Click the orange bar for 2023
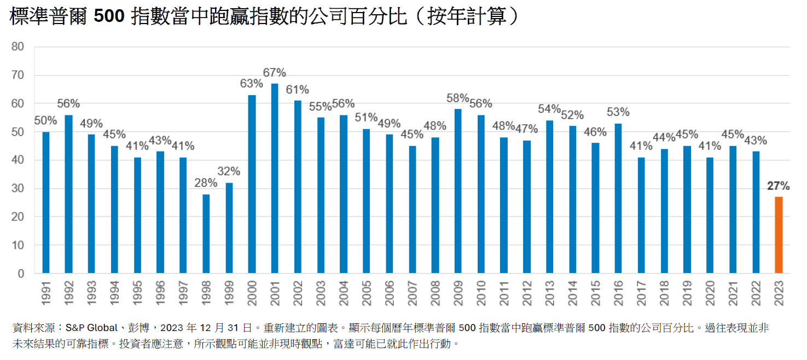778,235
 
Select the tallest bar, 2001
275,178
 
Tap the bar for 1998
206,234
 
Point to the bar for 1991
46,202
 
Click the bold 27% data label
778,187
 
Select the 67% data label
275,73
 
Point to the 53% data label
618,113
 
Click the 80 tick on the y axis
18,47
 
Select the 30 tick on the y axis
18,189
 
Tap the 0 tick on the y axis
21,274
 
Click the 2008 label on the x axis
435,293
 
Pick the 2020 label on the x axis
710,293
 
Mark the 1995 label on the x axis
137,293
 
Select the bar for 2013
549,197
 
